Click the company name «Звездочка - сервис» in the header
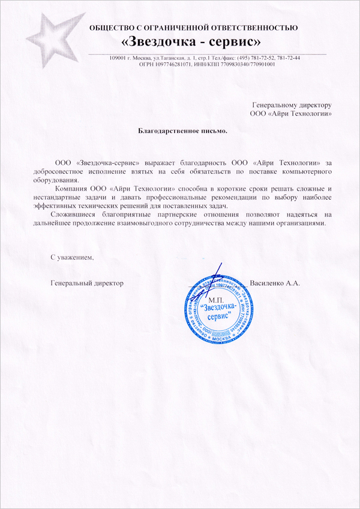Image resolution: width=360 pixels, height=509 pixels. pos(191,42)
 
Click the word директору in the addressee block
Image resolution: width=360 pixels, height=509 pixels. pos(314,104)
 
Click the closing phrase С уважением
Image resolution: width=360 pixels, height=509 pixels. pos(73,257)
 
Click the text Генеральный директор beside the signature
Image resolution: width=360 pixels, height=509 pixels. pos(87,282)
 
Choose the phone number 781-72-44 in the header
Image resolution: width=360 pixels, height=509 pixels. pos(288,58)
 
